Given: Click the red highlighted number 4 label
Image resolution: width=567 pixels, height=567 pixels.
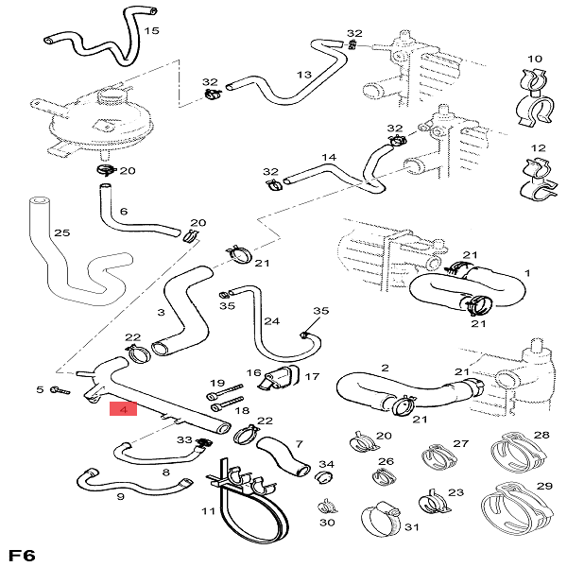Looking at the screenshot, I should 124,410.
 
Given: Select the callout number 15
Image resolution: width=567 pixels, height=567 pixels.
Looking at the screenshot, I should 151,31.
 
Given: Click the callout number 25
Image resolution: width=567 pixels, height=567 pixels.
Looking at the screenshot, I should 61,232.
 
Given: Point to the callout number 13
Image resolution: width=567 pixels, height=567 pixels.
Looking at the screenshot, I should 303,75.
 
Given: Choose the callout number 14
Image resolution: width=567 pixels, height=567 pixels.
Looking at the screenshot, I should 329,157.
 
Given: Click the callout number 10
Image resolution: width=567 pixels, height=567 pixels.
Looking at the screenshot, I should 535,59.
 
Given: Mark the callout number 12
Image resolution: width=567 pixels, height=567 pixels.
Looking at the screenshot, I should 539,148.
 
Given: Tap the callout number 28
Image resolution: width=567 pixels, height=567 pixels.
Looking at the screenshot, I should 541,436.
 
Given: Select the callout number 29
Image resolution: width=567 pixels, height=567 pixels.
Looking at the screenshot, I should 543,485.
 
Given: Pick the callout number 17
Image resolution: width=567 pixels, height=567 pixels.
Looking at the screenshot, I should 311,376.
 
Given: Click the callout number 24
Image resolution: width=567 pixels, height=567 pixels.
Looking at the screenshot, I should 272,321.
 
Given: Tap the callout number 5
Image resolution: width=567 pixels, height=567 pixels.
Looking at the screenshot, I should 41,389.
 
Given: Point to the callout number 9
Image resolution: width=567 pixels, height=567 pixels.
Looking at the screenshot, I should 120,495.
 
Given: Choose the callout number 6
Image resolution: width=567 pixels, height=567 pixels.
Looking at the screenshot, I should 123,212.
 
